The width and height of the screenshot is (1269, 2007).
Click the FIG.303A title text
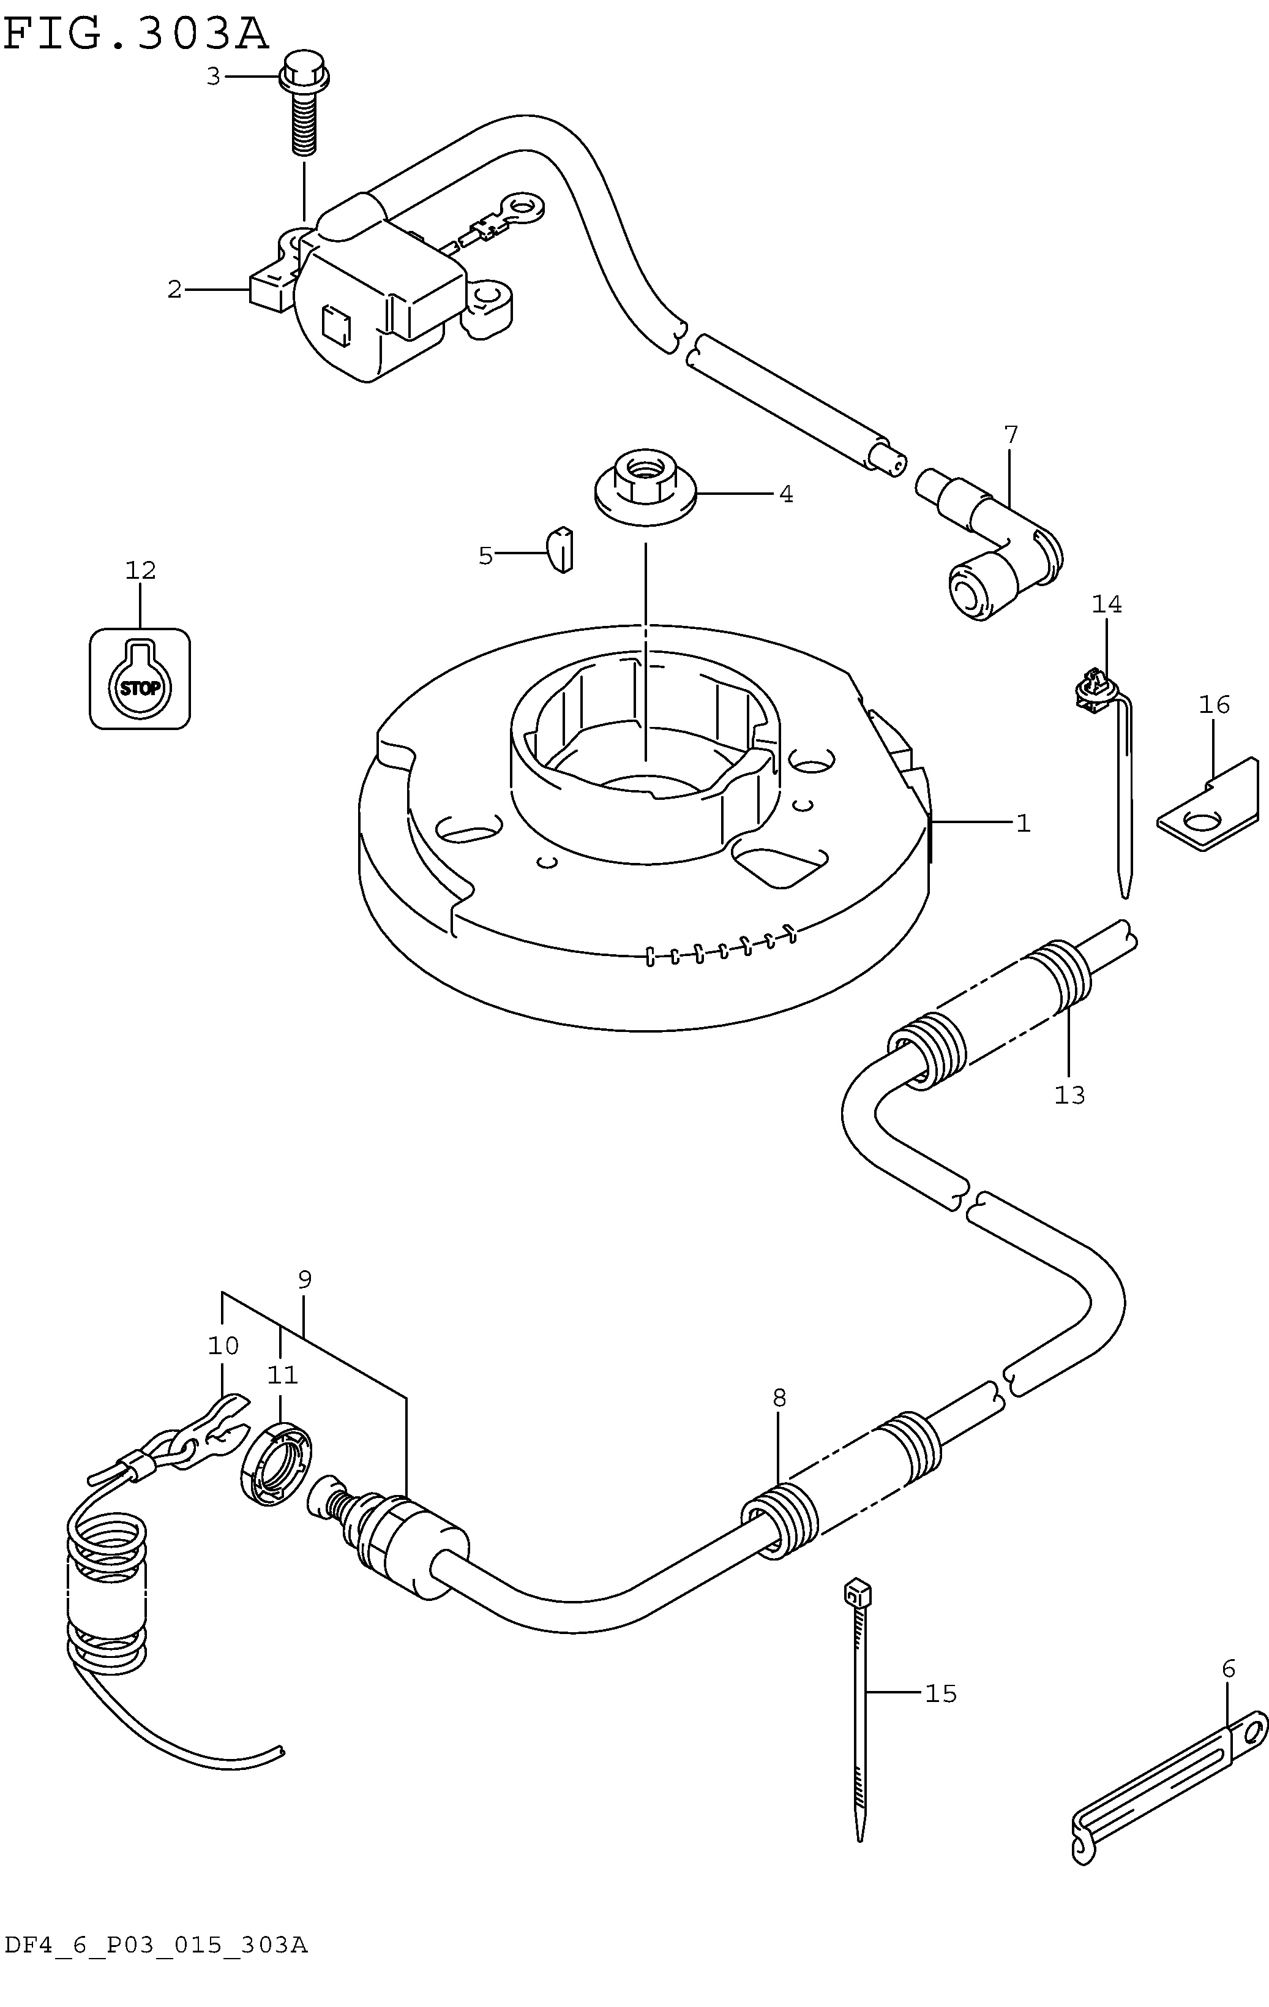click(137, 34)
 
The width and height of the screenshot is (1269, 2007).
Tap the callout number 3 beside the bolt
click(213, 77)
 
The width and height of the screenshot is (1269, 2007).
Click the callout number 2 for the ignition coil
click(174, 290)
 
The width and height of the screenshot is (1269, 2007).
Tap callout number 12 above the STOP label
click(141, 571)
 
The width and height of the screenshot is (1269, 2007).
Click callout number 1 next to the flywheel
click(1023, 824)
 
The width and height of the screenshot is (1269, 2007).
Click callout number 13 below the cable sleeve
click(1070, 1095)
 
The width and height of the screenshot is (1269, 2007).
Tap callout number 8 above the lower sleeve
click(779, 1398)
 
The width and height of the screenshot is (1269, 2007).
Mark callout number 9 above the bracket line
click(304, 1279)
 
